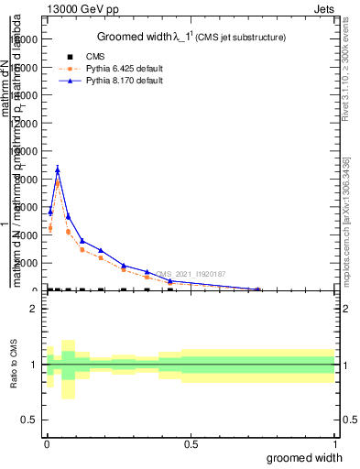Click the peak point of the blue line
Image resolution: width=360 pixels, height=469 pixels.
click(58, 169)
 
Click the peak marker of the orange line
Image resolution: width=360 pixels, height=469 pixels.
click(58, 182)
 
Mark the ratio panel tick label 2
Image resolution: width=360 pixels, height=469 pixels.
click(35, 309)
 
